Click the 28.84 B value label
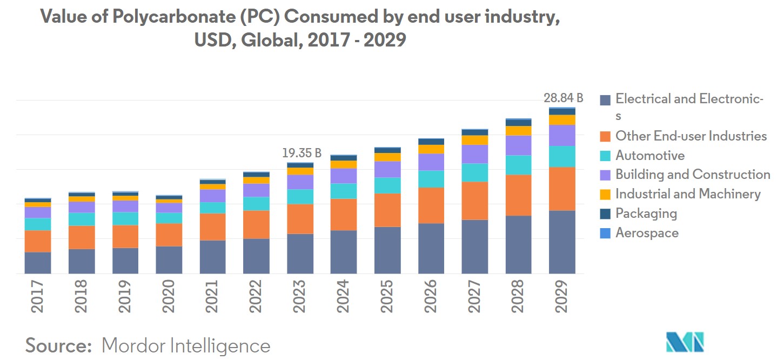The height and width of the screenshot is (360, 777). click(x=563, y=98)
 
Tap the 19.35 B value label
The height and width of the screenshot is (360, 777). click(x=302, y=154)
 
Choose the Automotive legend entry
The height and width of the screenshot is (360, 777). click(x=650, y=156)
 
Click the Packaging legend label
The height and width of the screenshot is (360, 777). click(x=646, y=214)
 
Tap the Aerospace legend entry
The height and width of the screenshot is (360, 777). click(x=647, y=233)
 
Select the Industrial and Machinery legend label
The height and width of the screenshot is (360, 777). click(x=688, y=194)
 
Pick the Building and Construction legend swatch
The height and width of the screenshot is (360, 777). click(x=606, y=175)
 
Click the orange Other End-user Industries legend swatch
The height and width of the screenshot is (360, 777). click(x=606, y=136)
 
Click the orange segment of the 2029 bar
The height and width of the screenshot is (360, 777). click(x=562, y=189)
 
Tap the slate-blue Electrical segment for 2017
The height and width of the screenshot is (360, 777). click(x=38, y=263)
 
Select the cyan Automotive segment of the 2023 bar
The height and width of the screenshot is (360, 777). click(x=300, y=196)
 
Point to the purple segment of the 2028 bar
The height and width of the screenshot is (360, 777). click(x=519, y=145)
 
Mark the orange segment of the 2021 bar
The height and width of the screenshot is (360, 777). click(x=212, y=226)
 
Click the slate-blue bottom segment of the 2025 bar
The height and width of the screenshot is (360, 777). click(x=387, y=250)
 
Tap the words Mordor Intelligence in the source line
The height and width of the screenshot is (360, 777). click(x=186, y=345)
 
